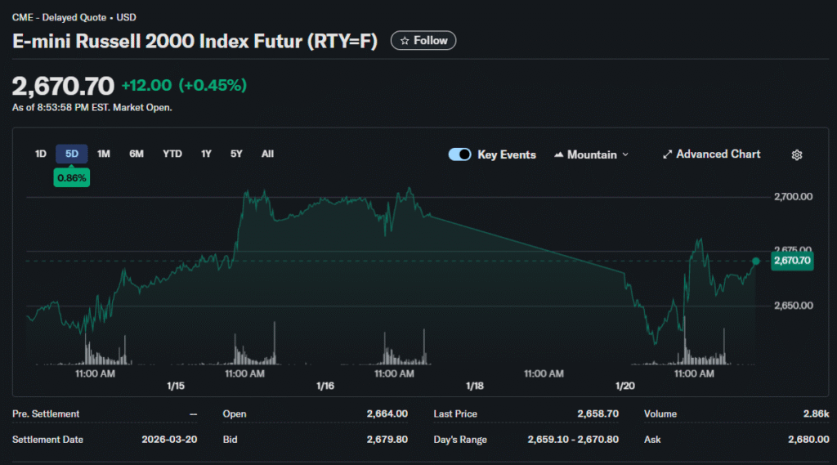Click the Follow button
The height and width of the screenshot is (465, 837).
click(x=423, y=41)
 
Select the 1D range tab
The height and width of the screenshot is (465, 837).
click(x=41, y=154)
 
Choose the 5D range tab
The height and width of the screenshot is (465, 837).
click(x=72, y=154)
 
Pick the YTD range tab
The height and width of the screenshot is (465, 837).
click(x=172, y=154)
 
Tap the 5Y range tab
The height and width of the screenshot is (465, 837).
click(x=236, y=154)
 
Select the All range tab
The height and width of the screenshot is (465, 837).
click(x=267, y=154)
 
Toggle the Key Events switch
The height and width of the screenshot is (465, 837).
click(x=460, y=154)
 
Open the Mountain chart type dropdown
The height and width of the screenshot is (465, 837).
click(x=592, y=154)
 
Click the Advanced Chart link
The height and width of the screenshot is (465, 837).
click(x=711, y=154)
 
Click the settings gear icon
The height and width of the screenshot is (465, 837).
click(x=798, y=154)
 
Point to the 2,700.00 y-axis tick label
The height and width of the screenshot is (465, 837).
click(x=793, y=197)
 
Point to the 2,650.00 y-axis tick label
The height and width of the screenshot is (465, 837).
click(x=793, y=306)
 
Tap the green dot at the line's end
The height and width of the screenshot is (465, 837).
click(x=756, y=262)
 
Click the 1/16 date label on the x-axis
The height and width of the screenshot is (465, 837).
click(x=325, y=386)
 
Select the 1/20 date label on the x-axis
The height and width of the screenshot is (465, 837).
click(x=625, y=386)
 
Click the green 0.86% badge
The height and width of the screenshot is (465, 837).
click(x=72, y=177)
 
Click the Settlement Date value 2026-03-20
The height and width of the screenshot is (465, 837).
click(x=169, y=440)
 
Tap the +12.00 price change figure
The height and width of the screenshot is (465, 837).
click(x=146, y=86)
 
